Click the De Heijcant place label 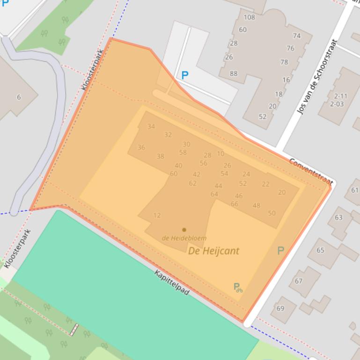213,251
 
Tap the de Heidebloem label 184,238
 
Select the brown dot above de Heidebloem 184,230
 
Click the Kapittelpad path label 172,283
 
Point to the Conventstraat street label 310,171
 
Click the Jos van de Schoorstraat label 317,77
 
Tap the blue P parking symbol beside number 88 185,75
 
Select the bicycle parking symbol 238,287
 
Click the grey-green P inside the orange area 280,251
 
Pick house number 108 250,17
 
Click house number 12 157,216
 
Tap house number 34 151,126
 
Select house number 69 280,308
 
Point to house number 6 19,97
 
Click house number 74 297,36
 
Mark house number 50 272,213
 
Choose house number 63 338,217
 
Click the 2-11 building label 340,96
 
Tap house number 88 234,73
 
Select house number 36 141,147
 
